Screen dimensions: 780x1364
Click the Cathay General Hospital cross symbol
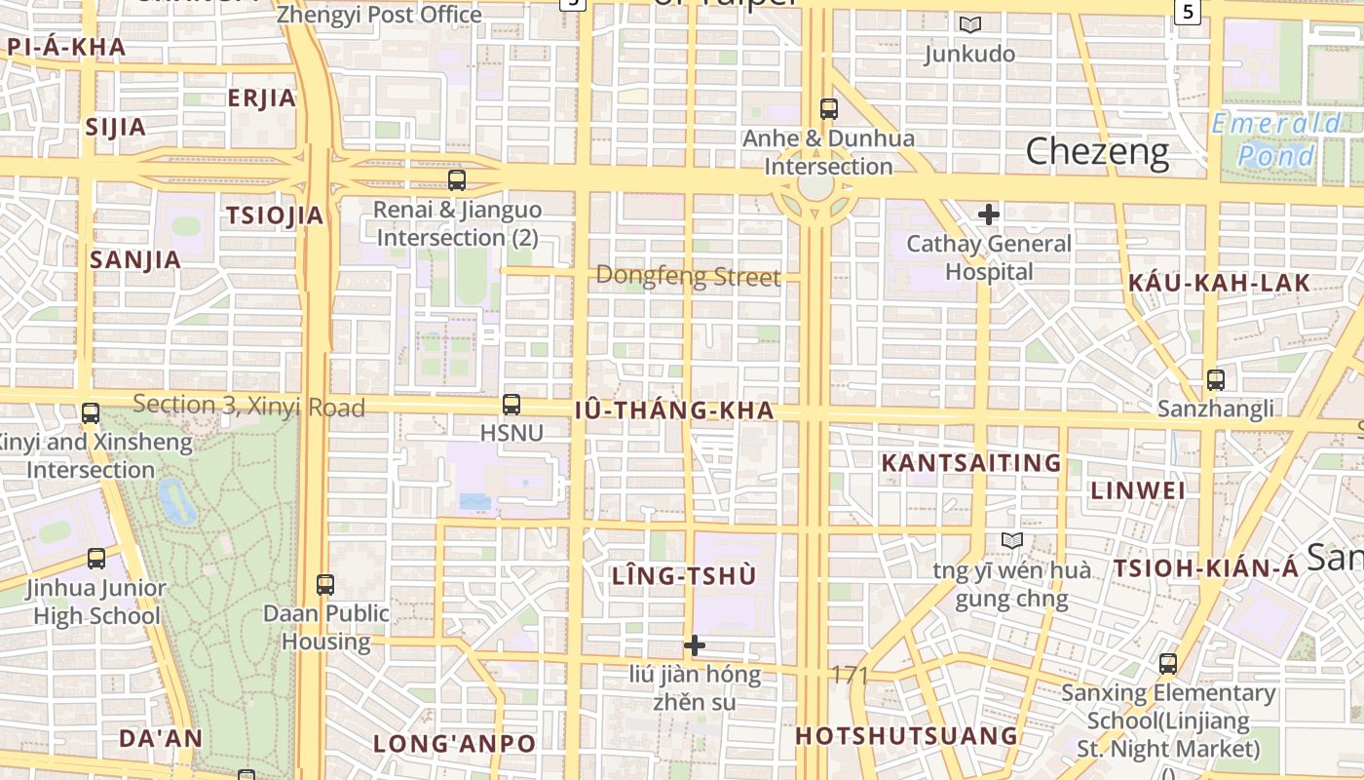989,214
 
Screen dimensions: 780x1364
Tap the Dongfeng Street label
688,277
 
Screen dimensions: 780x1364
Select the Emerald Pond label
1276,139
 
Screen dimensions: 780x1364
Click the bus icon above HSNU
511,404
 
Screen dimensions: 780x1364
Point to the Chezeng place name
1097,151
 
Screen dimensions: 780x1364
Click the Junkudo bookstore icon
969,25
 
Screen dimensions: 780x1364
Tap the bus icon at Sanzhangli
1215,380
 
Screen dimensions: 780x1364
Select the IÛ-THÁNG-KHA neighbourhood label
674,410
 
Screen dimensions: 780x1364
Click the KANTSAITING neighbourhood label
970,463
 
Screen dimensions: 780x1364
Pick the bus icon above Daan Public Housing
325,585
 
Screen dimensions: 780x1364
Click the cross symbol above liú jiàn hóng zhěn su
695,645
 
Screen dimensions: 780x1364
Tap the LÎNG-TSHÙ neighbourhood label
683,576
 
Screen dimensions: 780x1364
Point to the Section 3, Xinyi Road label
248,406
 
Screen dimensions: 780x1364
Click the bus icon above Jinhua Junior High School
96,559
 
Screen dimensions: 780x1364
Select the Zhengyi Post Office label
379,15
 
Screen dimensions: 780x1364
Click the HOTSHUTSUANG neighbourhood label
906,736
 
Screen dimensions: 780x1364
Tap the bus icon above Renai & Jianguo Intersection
457,180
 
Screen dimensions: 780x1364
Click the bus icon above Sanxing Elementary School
1167,665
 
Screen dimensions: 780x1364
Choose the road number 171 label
850,675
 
